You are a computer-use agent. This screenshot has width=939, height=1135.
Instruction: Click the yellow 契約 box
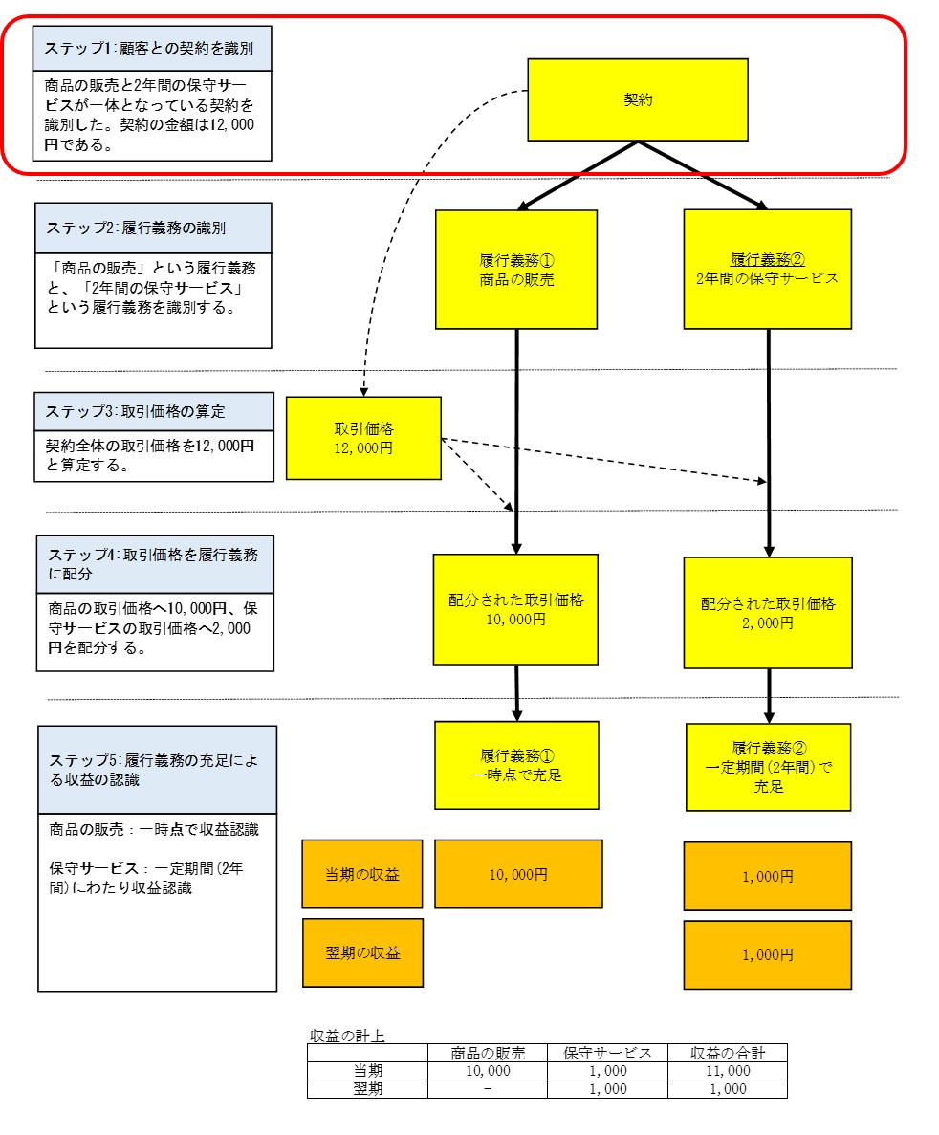(637, 99)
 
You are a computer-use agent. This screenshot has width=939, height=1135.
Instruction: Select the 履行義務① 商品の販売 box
(516, 270)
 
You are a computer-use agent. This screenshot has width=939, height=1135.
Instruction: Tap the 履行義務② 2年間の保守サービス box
(768, 270)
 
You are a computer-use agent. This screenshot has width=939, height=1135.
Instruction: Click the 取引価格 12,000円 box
(363, 438)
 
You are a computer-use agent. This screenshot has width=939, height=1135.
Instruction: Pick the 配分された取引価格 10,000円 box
(515, 609)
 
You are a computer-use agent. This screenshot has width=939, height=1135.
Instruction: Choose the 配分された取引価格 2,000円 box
(768, 612)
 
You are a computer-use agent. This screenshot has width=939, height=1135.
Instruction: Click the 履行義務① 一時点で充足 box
(517, 765)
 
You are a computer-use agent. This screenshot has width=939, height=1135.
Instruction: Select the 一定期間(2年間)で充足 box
(768, 767)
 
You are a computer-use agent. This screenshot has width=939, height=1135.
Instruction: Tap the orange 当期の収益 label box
(362, 874)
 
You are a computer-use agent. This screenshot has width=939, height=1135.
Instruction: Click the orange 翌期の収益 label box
(362, 952)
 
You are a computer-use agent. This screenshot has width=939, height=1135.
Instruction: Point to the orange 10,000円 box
(518, 874)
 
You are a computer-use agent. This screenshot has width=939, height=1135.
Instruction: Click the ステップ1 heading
(152, 49)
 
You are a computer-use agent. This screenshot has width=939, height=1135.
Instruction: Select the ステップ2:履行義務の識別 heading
(154, 228)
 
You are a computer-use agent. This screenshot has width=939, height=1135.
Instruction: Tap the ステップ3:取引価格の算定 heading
(154, 412)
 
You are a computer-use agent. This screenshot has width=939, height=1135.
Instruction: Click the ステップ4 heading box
(155, 564)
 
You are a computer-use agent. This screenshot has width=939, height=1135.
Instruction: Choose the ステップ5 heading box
(157, 770)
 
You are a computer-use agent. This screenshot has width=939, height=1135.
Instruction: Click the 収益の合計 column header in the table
(728, 1053)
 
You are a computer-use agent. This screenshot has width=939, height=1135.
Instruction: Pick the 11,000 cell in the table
(728, 1071)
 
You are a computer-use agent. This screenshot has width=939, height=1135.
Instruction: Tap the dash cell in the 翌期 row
(488, 1089)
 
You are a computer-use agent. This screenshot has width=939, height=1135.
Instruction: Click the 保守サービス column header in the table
(607, 1053)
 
